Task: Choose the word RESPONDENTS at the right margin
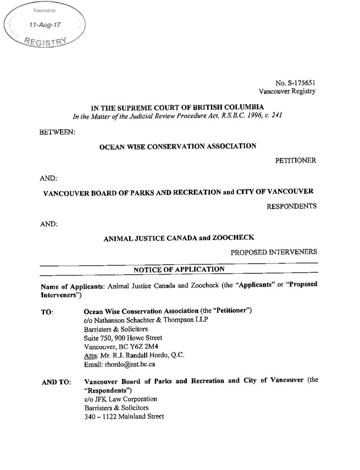click(292, 206)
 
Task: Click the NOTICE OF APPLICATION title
click(179, 269)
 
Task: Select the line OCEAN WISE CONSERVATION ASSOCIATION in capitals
click(178, 146)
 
